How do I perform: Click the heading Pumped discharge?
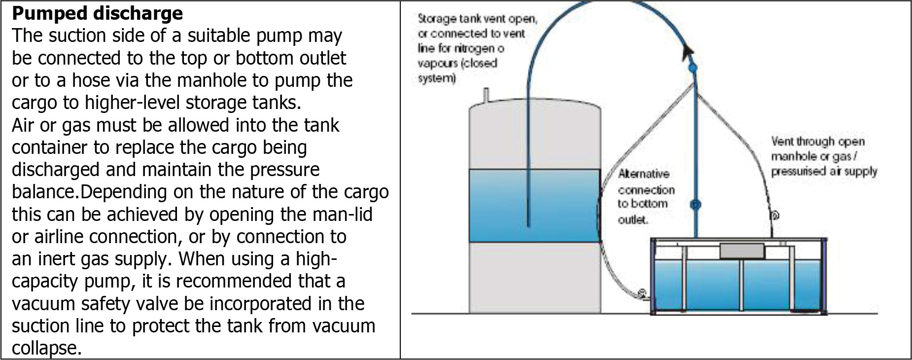coord(97,13)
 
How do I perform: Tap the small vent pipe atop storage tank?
coord(486,94)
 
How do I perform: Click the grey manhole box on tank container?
coord(742,251)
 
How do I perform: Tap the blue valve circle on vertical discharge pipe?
coord(696,204)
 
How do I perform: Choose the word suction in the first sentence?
coord(76,36)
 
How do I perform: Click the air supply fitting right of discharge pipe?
coord(774,216)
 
